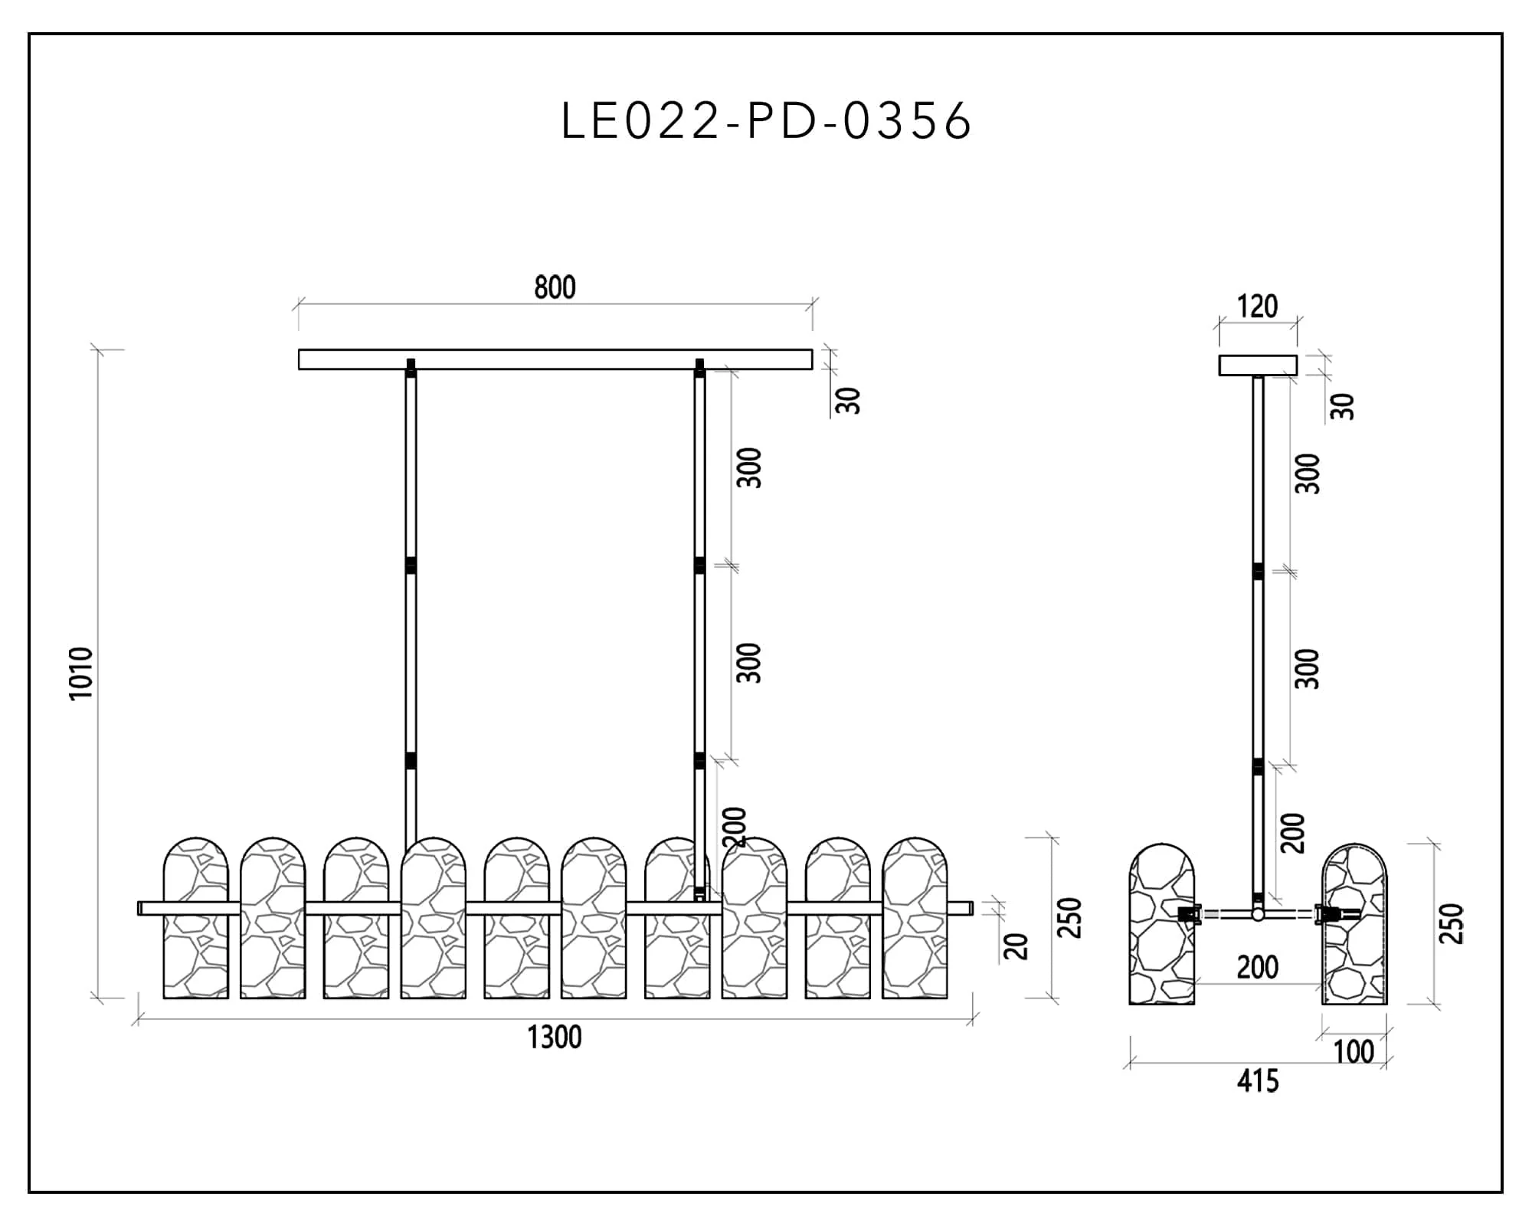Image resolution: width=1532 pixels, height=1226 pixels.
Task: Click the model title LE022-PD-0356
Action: point(766,121)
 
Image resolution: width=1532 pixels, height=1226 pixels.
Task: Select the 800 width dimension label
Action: point(555,287)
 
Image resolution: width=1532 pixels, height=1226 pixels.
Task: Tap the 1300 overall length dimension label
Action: point(554,1038)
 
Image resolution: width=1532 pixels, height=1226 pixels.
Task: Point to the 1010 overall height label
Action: point(81,674)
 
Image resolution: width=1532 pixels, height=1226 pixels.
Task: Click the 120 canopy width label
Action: point(1258,306)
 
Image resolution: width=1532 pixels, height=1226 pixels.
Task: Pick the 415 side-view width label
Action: point(1258,1081)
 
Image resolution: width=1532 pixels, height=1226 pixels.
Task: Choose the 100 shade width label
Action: point(1354,1052)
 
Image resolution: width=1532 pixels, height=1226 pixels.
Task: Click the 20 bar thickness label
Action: point(1016,947)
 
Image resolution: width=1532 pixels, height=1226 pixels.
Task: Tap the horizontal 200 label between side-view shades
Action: point(1258,968)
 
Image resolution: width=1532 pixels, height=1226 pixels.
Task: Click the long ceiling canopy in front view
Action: point(555,359)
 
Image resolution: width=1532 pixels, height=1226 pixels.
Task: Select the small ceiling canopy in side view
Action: point(1258,366)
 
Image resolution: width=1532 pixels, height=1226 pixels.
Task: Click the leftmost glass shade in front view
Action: point(196,918)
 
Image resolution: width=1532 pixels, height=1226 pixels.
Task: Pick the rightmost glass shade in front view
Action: point(915,918)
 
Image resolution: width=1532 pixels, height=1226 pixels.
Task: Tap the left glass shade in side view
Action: point(1162,924)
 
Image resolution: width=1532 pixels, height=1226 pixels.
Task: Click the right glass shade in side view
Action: point(1354,924)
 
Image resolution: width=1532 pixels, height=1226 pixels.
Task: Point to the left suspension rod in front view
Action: point(411,605)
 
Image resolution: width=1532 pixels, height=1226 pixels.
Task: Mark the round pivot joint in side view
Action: point(1258,914)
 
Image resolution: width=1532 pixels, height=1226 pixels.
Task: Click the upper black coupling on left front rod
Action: point(411,565)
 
